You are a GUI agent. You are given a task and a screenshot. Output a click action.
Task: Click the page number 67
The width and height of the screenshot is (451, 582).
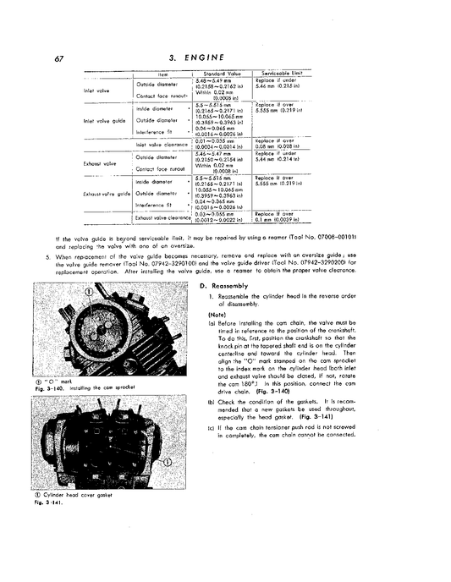tap(58, 58)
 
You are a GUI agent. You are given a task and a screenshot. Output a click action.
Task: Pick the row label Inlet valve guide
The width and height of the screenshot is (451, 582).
tap(105, 120)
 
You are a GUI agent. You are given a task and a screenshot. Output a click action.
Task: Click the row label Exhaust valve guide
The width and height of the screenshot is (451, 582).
tap(103, 194)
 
